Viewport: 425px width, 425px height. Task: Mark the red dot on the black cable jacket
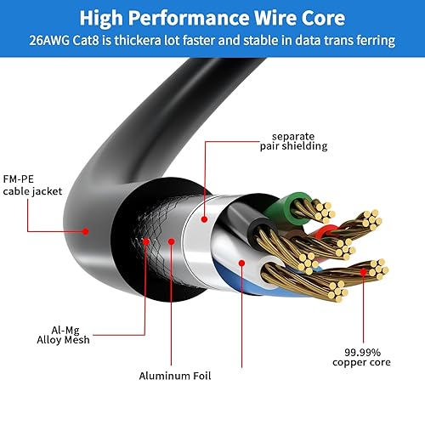[x=86, y=229]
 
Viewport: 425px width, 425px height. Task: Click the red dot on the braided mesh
[x=146, y=241]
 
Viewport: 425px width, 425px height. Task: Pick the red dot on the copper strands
[x=365, y=272]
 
